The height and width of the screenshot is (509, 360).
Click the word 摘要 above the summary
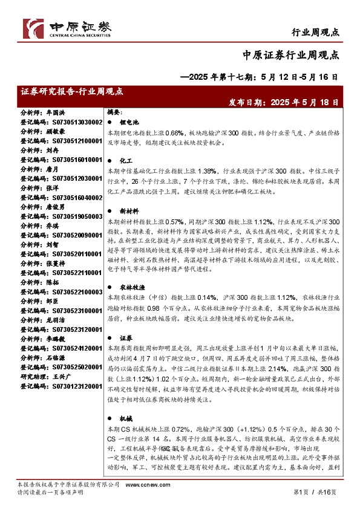115,112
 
